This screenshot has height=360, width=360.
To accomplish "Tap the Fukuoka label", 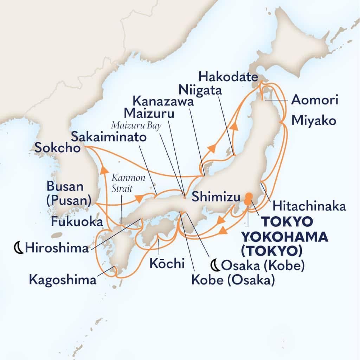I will coord(77,221).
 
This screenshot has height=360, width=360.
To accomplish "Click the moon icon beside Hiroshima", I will coord(18,249).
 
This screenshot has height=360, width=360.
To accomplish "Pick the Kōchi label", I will coord(167,264).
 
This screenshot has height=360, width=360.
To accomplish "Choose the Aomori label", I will coord(315,101).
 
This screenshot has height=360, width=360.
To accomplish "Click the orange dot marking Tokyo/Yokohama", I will coord(249,199).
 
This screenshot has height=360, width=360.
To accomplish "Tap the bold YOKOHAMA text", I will coord(284,237).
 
